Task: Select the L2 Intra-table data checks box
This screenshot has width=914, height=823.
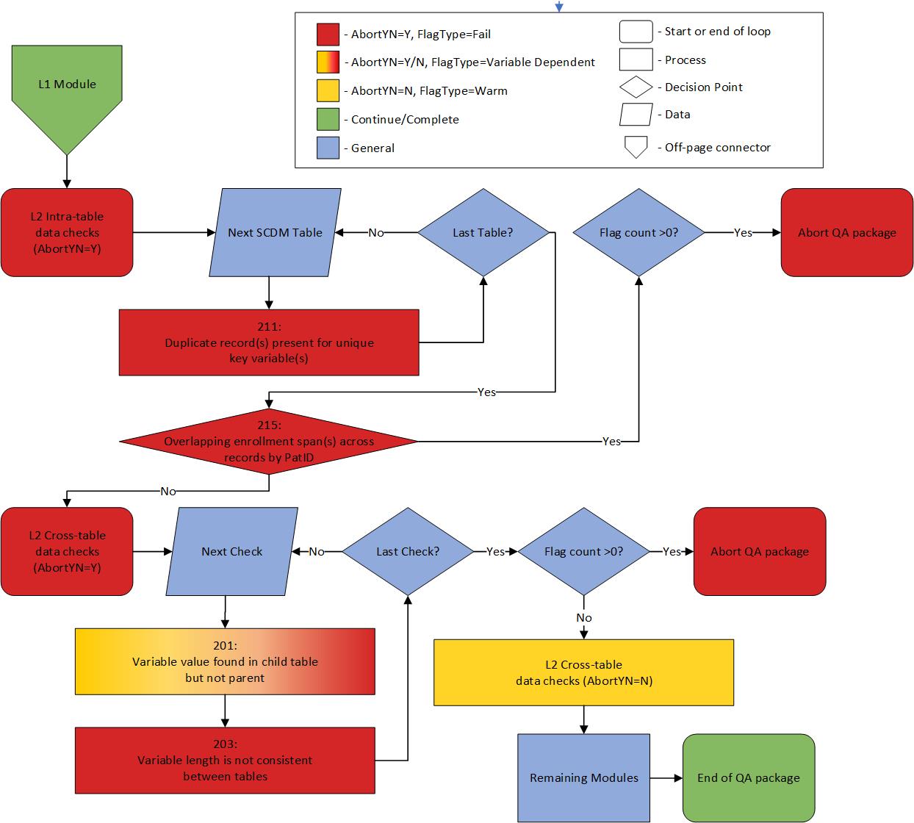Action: tap(67, 232)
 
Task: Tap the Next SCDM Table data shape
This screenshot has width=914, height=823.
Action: tap(275, 232)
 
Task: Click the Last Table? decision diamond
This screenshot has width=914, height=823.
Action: tap(483, 232)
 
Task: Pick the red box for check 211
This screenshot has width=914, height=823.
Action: tap(269, 342)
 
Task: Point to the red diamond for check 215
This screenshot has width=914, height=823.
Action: tap(269, 441)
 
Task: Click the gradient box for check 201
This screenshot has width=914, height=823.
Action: tap(225, 661)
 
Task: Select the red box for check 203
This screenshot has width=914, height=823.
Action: tap(225, 760)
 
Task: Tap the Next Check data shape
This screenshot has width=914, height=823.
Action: tap(232, 551)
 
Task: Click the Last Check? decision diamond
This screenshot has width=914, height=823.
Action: tap(408, 551)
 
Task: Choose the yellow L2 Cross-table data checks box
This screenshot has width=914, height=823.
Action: tap(583, 672)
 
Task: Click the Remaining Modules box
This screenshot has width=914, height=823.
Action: tap(583, 777)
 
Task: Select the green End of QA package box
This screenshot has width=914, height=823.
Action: tap(748, 777)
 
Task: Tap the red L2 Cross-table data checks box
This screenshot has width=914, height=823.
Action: tap(67, 551)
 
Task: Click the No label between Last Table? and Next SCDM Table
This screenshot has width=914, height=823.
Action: tap(376, 232)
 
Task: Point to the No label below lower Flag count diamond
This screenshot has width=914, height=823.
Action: tap(583, 617)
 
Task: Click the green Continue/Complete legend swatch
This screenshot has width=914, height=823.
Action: tap(328, 119)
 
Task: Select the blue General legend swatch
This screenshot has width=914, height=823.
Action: tap(328, 148)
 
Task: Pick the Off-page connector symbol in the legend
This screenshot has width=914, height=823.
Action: tap(636, 147)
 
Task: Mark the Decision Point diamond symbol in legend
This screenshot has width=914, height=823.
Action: tap(636, 87)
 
